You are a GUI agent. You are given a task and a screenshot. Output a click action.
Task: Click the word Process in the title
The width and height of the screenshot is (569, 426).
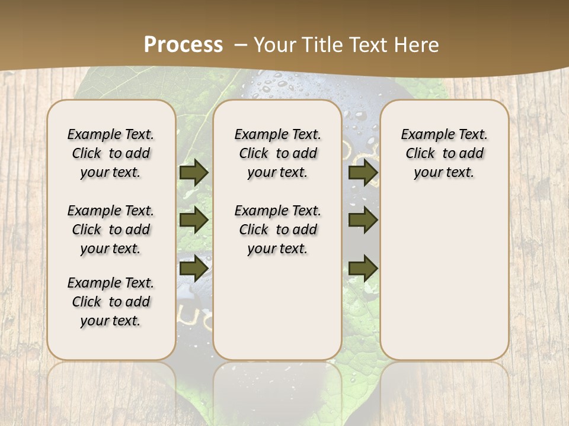183,45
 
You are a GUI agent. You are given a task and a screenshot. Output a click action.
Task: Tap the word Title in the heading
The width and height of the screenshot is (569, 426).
319,45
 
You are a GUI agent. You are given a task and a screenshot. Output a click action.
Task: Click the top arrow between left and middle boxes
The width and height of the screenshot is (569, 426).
194,172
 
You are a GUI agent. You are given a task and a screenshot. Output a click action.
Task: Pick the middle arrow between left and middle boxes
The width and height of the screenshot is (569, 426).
194,220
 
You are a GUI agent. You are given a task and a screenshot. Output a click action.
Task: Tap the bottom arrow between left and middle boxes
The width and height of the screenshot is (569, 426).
194,269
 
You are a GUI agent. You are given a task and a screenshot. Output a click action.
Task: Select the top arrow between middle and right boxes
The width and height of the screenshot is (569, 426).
363,172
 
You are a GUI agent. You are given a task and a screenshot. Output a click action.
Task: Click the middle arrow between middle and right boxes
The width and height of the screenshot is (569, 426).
363,220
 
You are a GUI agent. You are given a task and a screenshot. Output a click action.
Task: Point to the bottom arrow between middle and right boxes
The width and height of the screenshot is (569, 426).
363,269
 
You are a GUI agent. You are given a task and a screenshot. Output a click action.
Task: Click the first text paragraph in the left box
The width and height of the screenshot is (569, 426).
111,153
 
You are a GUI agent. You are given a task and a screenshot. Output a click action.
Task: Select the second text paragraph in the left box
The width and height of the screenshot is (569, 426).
111,230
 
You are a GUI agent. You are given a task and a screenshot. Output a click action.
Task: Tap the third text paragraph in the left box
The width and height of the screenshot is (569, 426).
111,302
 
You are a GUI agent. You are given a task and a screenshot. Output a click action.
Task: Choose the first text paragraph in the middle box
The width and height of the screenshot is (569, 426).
277,153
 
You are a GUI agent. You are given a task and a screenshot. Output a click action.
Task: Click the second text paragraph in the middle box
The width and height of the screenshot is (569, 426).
277,230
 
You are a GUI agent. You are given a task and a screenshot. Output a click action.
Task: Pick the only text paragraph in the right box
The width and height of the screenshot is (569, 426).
444,153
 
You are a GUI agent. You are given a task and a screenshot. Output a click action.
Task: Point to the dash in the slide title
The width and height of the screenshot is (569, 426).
241,45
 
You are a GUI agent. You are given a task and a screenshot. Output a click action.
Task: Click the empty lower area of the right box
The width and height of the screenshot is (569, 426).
444,284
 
